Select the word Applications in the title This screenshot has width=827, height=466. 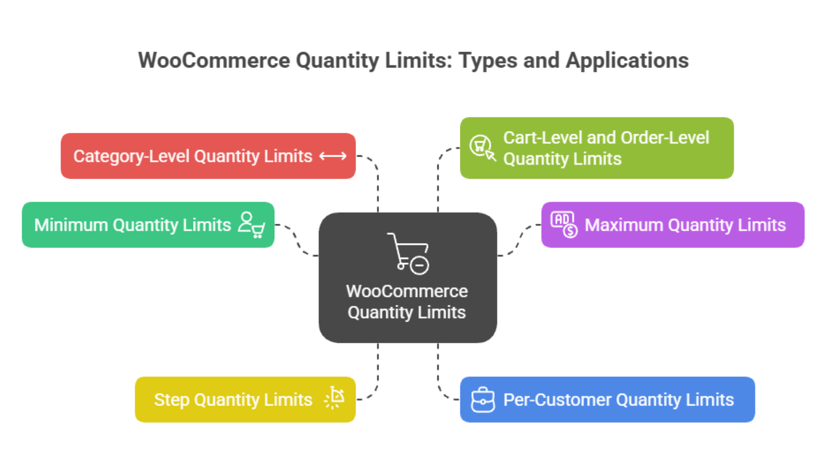coord(627,60)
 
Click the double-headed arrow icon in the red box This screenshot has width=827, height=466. coord(333,156)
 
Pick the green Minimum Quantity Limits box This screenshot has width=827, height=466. coord(132,225)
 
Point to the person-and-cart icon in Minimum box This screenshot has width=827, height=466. coord(252,225)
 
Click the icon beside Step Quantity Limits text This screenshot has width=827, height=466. coord(334,398)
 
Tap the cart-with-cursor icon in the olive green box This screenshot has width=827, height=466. coord(482,148)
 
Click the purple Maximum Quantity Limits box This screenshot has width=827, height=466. coord(684,225)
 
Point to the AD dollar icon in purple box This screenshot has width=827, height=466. coord(564,224)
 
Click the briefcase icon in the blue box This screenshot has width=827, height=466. coord(483,400)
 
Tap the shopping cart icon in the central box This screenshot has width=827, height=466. coord(408,253)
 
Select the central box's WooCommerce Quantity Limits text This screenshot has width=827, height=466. coord(406,302)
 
